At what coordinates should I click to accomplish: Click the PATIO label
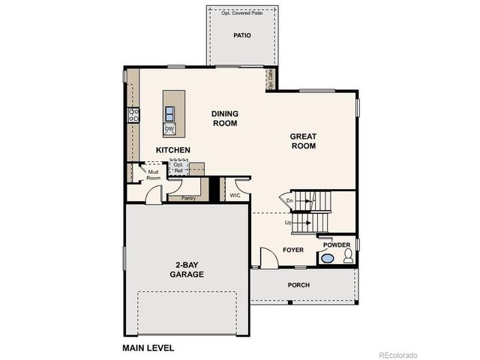pos(241,35)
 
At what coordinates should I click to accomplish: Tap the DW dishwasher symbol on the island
pos(169,129)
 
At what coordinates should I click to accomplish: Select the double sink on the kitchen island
pos(170,113)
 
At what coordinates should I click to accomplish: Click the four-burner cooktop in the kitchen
pos(133,115)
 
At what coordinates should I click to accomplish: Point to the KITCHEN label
pos(173,150)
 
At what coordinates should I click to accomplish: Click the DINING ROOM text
pos(225,118)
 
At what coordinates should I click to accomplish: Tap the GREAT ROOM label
pos(304,141)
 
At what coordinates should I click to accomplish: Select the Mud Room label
pos(153,175)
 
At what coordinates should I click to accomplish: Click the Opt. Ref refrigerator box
pos(178,168)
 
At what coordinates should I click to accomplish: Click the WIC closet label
pos(235,196)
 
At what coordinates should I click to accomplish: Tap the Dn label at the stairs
pos(289,200)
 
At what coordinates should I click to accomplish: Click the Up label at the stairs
pos(288,223)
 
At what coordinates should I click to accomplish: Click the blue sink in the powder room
pos(328,259)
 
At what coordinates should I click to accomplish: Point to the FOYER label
pos(292,249)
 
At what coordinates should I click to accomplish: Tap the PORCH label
pos(298,285)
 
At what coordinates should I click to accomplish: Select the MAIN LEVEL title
pos(148,348)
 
